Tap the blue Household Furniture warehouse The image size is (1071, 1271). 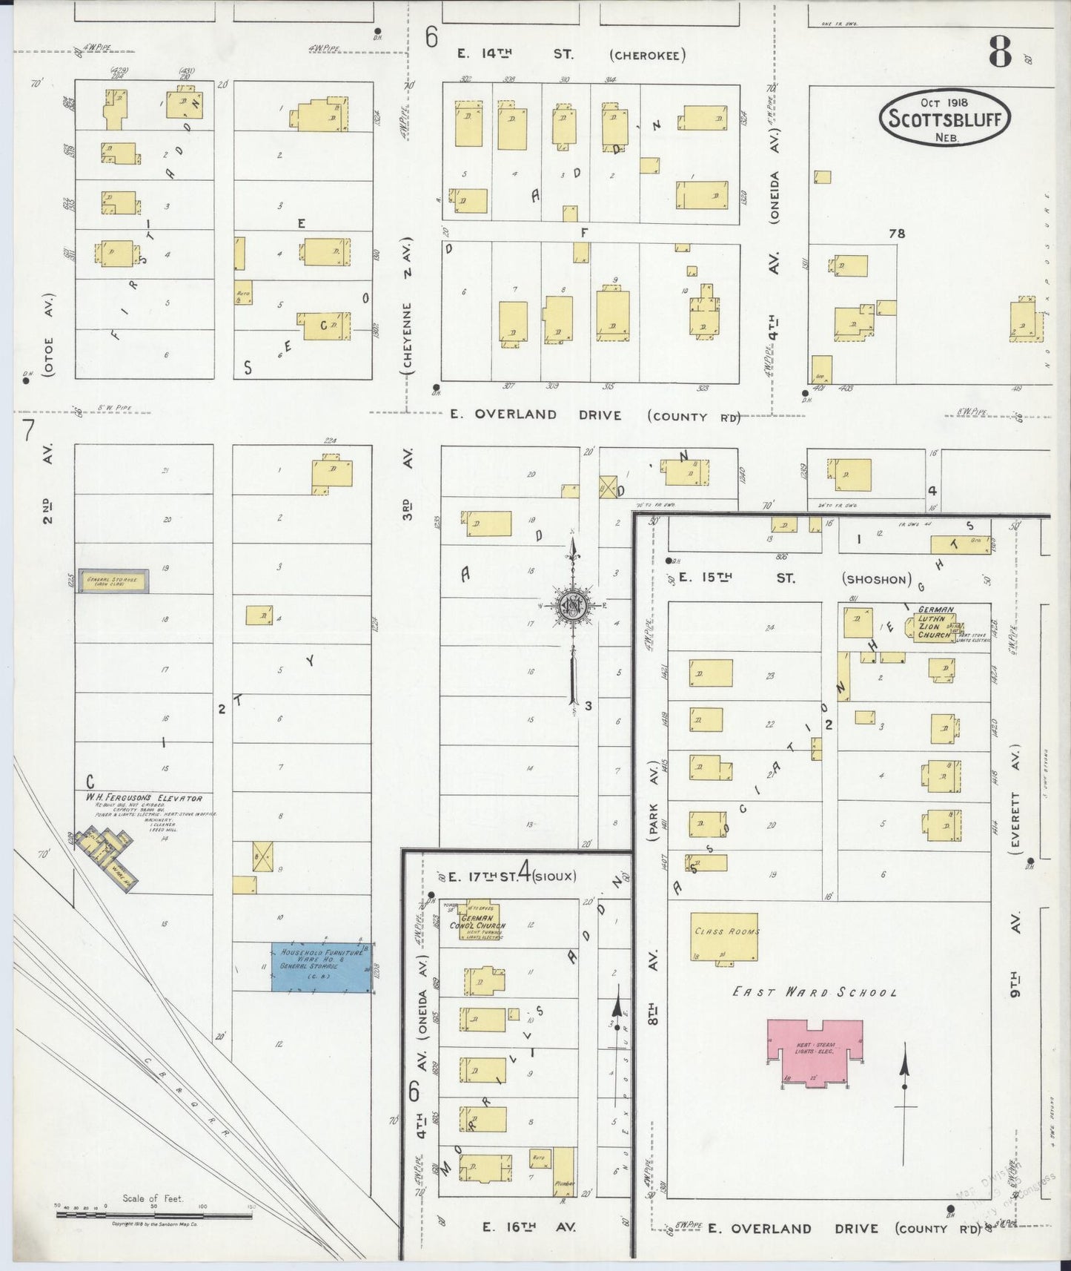[321, 966]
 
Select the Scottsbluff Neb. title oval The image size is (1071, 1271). [945, 119]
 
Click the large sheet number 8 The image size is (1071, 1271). [1000, 52]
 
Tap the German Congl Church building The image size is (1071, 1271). [478, 922]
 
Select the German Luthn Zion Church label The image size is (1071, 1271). [935, 623]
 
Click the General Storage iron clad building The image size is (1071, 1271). [113, 581]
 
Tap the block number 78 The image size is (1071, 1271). [897, 234]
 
